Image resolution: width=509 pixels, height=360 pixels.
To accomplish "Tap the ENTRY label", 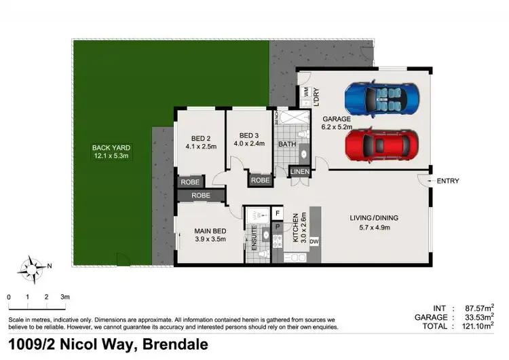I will tap(448, 181).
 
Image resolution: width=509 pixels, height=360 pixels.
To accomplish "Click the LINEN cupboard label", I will tap(300, 172).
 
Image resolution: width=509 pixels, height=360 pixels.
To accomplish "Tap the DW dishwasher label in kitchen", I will tap(314, 241).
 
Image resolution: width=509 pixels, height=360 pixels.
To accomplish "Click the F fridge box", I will tap(278, 214).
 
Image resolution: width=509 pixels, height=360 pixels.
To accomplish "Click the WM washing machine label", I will tap(306, 90).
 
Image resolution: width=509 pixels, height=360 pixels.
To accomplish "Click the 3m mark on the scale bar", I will tap(65, 297).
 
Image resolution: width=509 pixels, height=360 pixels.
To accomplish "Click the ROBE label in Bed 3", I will tap(261, 181).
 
